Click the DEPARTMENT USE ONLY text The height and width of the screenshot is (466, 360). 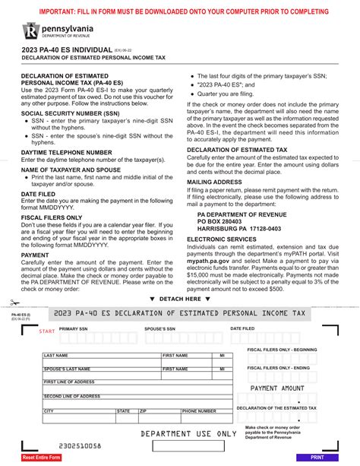pos(189,434)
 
